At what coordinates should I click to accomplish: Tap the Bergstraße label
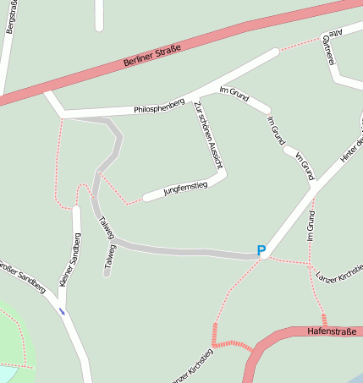(x=10, y=17)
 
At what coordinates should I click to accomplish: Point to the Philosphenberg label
(x=158, y=107)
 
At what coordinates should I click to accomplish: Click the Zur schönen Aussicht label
(x=207, y=135)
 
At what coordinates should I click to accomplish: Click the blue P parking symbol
(x=261, y=250)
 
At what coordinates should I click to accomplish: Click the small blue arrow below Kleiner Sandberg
(x=61, y=310)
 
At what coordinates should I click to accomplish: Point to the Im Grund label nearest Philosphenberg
(x=233, y=94)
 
